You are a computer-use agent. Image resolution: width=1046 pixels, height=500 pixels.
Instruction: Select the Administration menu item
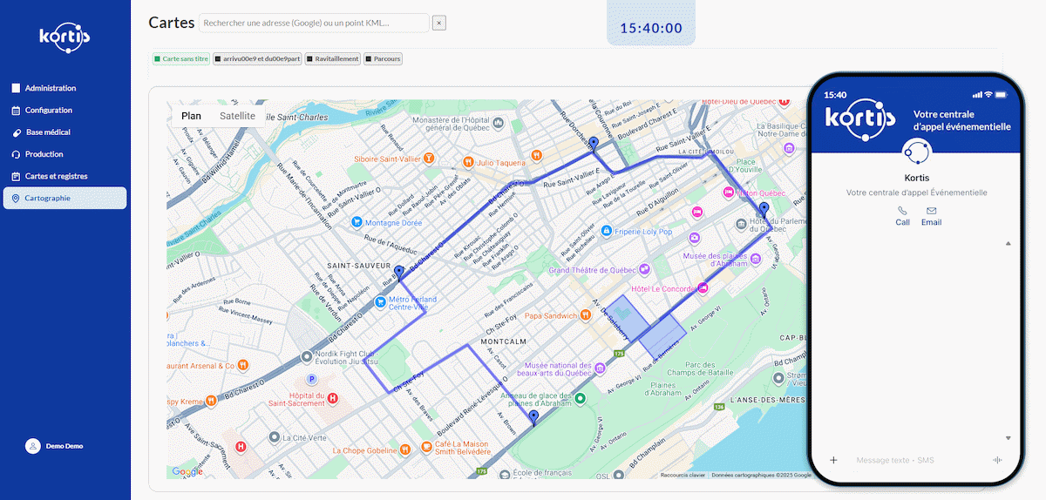50,88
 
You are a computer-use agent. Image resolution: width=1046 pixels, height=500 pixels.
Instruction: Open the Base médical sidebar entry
47,132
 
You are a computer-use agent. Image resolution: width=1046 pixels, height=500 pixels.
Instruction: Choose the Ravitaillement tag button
332,59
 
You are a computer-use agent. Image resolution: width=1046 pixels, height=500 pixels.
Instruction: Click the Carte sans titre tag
181,59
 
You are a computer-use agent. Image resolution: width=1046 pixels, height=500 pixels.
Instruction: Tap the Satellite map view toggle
237,116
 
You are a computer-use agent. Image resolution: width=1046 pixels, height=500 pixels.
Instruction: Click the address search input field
314,23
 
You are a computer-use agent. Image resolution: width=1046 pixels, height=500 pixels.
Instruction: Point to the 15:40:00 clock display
651,28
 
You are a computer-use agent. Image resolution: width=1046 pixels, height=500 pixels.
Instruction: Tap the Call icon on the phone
902,215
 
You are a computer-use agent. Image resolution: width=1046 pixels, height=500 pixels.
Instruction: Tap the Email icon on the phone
931,215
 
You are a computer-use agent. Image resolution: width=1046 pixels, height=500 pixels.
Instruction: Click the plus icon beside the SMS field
833,460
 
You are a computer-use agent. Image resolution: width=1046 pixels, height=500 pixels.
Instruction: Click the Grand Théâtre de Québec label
593,270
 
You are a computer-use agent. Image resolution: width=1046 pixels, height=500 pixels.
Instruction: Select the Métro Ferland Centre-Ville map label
411,303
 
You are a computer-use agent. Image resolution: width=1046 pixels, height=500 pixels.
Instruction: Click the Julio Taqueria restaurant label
500,162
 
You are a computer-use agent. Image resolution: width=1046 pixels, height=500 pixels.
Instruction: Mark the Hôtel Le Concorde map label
662,288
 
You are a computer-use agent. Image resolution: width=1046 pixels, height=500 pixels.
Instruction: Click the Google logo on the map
187,471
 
